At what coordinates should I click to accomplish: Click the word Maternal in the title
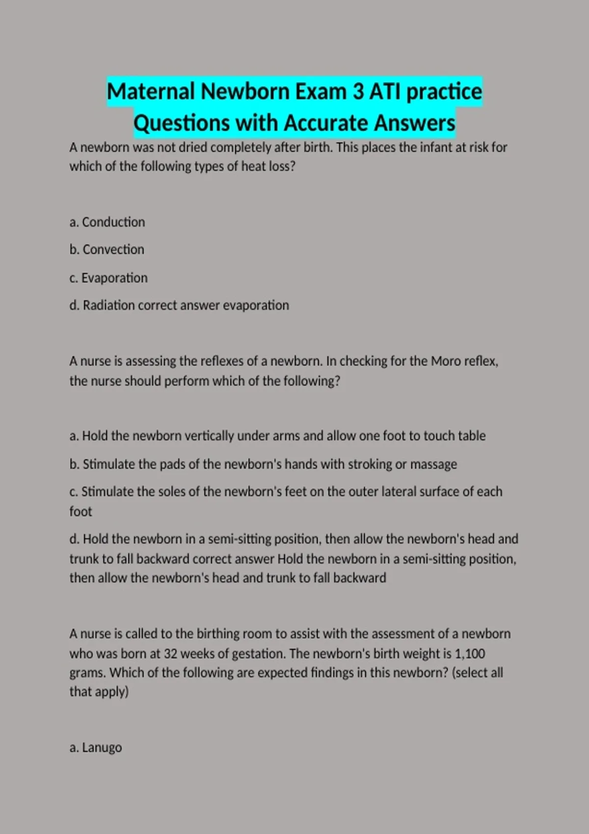[x=151, y=92]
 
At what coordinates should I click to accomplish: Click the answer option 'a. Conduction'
[x=107, y=222]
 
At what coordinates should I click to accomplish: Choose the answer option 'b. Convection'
[x=107, y=250]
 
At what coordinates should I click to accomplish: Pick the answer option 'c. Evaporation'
[x=108, y=278]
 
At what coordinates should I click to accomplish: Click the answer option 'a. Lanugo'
[x=96, y=748]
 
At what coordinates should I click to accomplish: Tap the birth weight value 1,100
[x=470, y=654]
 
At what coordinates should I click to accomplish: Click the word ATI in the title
[x=385, y=92]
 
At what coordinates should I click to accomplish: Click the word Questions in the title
[x=181, y=123]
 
